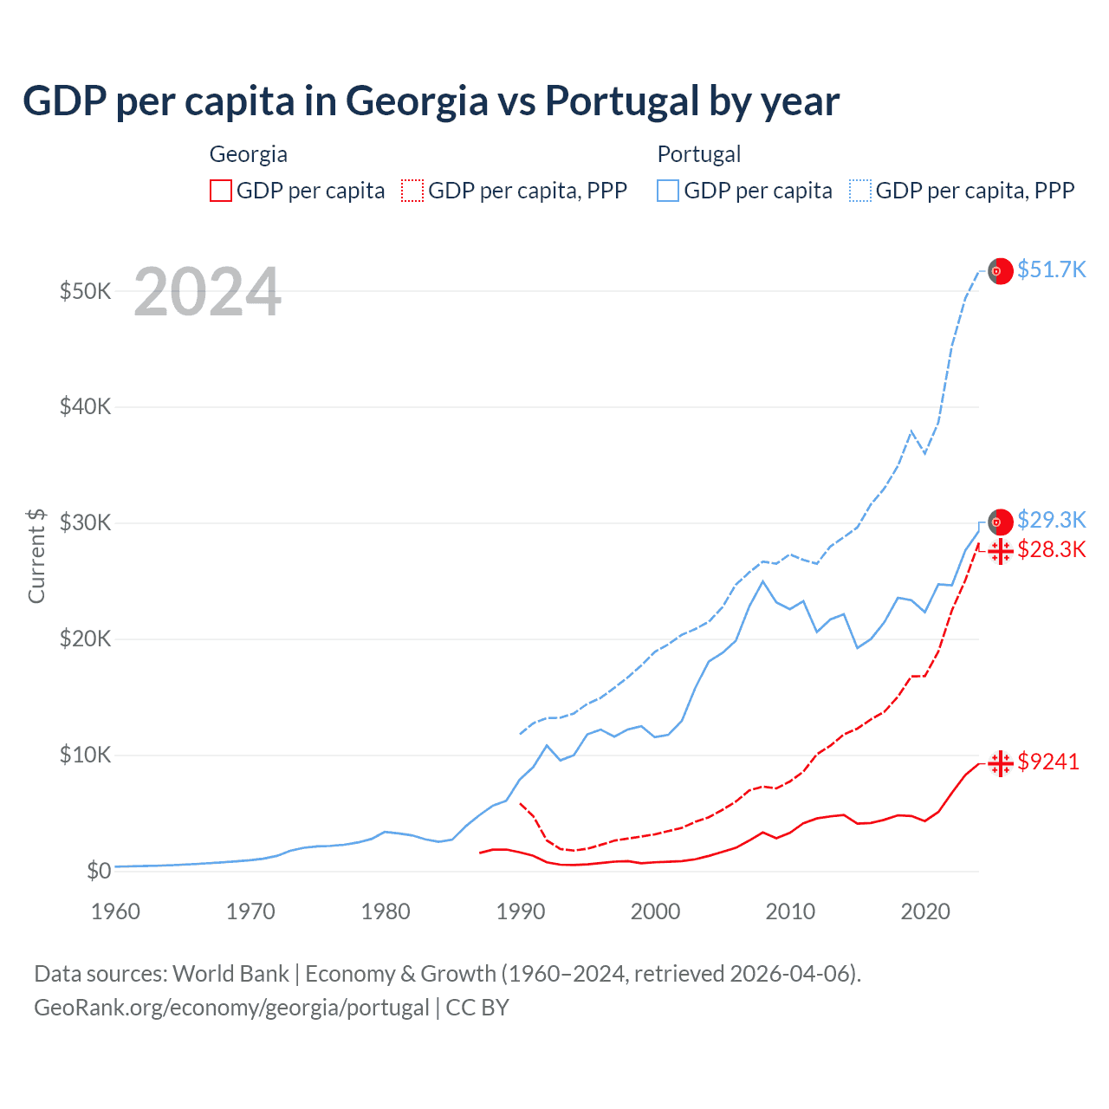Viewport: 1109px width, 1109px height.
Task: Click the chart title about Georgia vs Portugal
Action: pos(431,101)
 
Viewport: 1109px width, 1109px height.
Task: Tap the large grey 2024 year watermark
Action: pos(207,293)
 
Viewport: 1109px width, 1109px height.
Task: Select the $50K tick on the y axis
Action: pos(85,291)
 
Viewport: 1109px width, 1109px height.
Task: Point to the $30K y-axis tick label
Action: pos(85,523)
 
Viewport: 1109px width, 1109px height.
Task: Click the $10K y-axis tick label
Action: pos(85,756)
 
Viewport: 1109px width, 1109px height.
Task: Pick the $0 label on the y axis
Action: pos(98,872)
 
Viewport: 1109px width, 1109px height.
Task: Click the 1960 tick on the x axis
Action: pos(115,911)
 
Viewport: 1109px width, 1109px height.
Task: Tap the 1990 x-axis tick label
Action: pos(521,911)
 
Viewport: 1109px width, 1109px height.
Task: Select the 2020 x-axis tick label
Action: pos(925,911)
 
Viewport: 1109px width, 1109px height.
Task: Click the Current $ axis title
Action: pos(36,555)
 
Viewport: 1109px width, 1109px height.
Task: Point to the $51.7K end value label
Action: pos(1051,269)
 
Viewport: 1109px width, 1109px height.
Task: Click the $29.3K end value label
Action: pos(1051,520)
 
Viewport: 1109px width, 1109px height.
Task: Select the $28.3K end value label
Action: pos(1051,549)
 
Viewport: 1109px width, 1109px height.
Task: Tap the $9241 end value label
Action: pos(1047,762)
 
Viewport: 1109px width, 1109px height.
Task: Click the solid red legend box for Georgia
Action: pos(221,191)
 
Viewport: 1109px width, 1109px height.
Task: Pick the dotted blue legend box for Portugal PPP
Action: pos(860,191)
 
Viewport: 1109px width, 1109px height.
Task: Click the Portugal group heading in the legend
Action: pos(698,154)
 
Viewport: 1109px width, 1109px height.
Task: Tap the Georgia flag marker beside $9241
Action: pos(1001,763)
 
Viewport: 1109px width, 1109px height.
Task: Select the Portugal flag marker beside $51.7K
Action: pos(1001,271)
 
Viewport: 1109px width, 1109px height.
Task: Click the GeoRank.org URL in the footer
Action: pos(231,1008)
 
